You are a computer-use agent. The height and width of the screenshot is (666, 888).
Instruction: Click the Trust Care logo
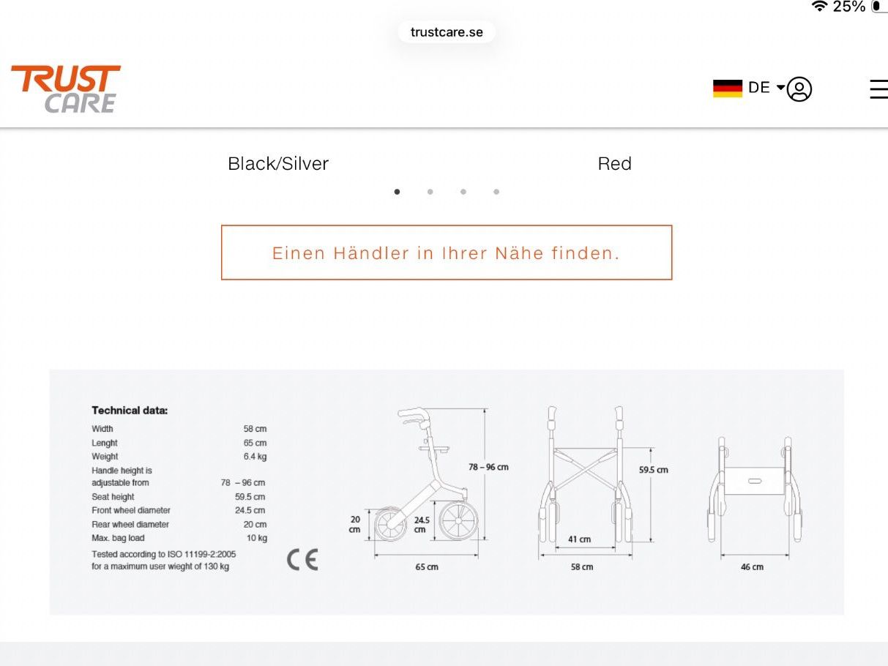66,89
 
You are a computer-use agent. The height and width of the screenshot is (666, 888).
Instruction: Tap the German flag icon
728,88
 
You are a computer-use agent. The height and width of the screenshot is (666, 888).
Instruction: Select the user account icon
799,89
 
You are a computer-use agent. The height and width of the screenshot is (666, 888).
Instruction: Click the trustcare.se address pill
447,32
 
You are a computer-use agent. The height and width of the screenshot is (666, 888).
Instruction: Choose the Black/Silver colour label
278,163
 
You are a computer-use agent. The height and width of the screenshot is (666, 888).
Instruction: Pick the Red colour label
614,163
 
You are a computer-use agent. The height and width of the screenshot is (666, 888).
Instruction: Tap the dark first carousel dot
397,192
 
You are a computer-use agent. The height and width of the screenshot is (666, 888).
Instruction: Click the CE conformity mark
302,560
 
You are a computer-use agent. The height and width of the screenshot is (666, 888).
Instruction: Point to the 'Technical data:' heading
130,411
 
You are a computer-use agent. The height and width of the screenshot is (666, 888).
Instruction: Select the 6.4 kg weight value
255,457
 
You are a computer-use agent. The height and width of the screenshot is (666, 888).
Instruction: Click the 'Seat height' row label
113,496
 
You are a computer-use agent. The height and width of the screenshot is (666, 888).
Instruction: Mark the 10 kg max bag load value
257,538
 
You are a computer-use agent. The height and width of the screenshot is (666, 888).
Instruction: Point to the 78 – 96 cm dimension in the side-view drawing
488,467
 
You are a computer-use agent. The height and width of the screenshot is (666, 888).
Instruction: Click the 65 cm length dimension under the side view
427,567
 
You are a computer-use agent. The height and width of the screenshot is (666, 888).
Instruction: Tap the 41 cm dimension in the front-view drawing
579,539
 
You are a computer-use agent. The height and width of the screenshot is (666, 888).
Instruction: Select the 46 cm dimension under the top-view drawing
752,567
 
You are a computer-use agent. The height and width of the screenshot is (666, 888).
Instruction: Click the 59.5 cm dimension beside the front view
653,470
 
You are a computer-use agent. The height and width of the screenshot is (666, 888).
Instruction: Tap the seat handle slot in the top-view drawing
755,481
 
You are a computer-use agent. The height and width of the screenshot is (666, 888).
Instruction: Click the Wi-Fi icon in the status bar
820,6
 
